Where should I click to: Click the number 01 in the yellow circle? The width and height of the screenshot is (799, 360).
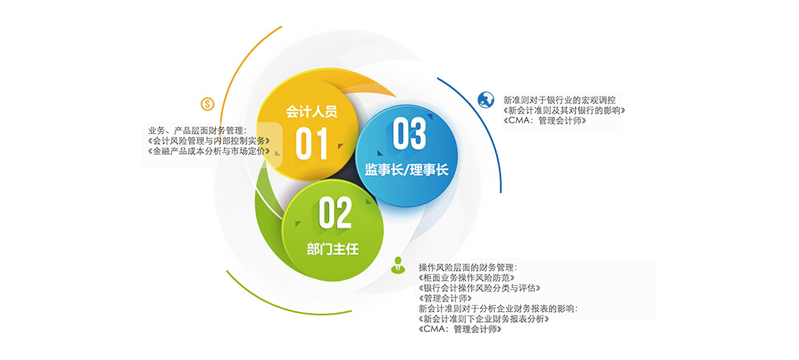pyautogui.click(x=312, y=143)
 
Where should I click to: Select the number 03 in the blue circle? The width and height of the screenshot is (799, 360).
pyautogui.click(x=409, y=134)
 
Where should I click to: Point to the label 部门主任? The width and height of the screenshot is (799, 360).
pyautogui.click(x=333, y=249)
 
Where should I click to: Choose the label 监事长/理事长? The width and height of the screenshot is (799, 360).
pyautogui.click(x=406, y=169)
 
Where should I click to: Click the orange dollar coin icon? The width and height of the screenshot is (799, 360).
pyautogui.click(x=207, y=104)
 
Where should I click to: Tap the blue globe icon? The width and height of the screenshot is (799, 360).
pyautogui.click(x=486, y=99)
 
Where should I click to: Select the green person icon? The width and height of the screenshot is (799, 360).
pyautogui.click(x=397, y=265)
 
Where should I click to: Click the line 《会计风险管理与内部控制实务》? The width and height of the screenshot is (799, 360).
pyautogui.click(x=208, y=140)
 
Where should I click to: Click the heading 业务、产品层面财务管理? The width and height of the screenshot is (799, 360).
pyautogui.click(x=197, y=130)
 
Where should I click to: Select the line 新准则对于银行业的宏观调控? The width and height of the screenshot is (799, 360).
pyautogui.click(x=560, y=100)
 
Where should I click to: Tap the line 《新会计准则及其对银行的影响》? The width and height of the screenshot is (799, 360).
pyautogui.click(x=564, y=111)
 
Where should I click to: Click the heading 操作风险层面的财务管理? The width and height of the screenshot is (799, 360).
pyautogui.click(x=469, y=267)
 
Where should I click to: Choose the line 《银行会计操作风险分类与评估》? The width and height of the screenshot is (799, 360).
pyautogui.click(x=479, y=288)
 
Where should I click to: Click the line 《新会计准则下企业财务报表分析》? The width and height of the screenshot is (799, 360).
pyautogui.click(x=484, y=319)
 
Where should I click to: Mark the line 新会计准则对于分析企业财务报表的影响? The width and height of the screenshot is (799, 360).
pyautogui.click(x=499, y=309)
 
